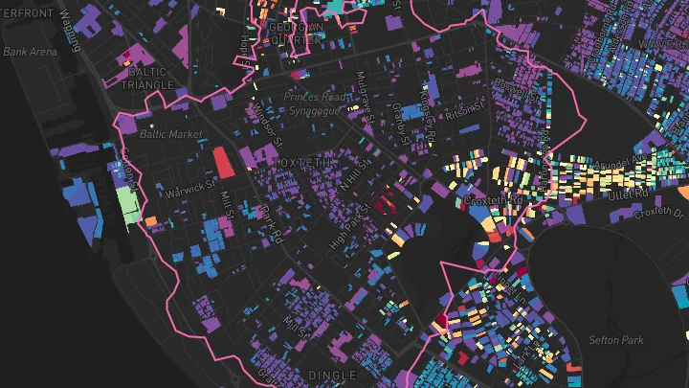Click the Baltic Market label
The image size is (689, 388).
171,134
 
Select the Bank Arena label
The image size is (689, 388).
29,52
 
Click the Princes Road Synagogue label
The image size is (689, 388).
317,104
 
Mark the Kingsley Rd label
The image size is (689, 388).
429,113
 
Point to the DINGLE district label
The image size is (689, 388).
331,374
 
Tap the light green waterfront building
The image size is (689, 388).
126,204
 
